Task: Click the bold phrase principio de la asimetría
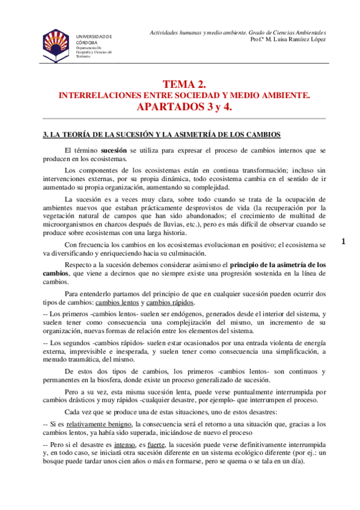[x=273, y=263]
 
